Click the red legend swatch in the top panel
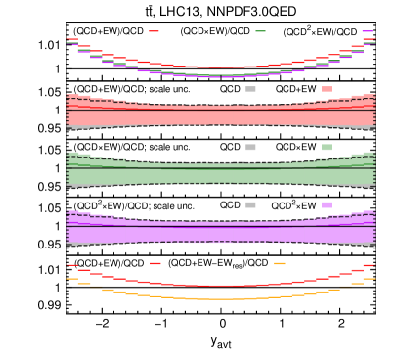coord(155,31)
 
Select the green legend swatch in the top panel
coord(260,31)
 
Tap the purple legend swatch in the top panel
coord(367,31)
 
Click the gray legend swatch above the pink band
coord(250,89)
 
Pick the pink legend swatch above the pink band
coord(327,89)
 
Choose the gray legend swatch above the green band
coord(250,147)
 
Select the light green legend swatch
coord(327,147)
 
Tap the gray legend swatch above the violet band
coord(250,204)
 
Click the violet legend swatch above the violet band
coord(327,204)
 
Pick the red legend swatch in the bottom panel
coord(155,263)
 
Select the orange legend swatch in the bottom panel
coord(280,263)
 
